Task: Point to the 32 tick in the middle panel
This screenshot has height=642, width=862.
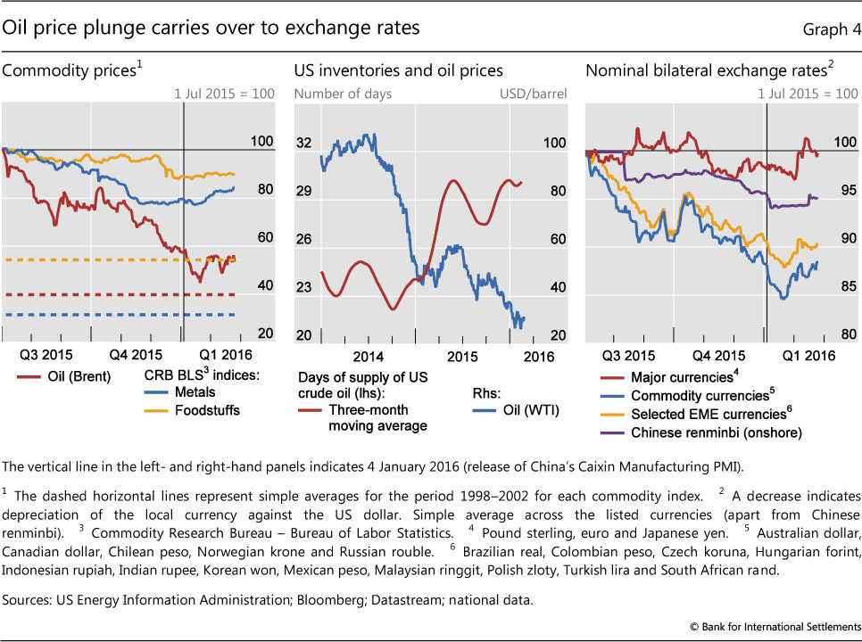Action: [x=303, y=144]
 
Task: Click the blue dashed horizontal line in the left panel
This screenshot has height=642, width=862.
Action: [x=89, y=314]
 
